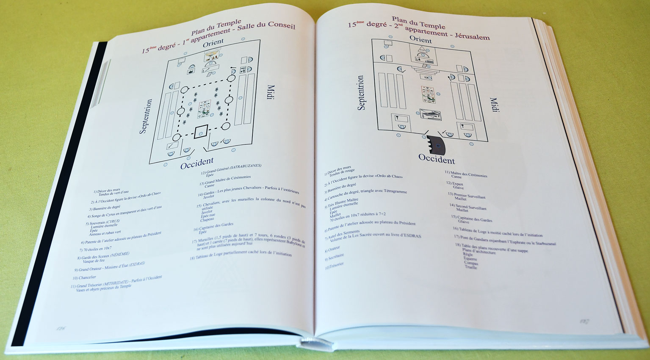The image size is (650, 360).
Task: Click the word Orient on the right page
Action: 420,39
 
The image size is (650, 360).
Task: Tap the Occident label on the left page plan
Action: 197,163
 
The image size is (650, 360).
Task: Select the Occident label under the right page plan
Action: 437,159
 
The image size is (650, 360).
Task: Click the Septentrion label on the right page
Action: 361,93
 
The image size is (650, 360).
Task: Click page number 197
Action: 585,321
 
